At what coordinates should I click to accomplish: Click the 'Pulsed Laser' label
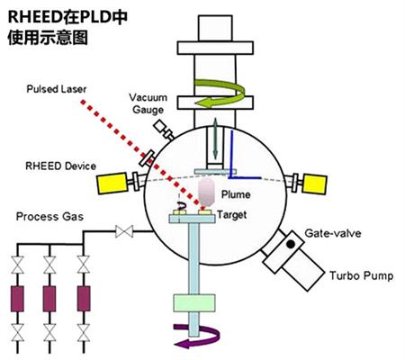[57, 89]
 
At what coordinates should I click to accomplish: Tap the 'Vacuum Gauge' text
[148, 103]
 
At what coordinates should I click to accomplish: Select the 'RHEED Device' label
[60, 166]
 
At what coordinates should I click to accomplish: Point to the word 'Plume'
[236, 194]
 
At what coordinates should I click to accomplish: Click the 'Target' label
[232, 215]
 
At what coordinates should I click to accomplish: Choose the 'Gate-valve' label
[333, 233]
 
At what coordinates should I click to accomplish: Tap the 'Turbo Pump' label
[362, 275]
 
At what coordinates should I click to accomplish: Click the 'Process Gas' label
[49, 217]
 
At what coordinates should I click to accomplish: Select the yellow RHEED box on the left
[112, 184]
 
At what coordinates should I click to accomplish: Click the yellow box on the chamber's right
[315, 184]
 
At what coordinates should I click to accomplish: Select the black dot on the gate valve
[291, 244]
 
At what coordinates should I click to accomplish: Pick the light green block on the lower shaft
[194, 302]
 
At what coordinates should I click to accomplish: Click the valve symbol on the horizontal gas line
[124, 231]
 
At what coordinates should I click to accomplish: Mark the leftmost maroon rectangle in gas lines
[17, 299]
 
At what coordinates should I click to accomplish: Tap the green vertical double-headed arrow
[215, 139]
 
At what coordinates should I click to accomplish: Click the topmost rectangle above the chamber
[215, 28]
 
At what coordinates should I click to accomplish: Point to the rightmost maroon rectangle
[84, 299]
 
